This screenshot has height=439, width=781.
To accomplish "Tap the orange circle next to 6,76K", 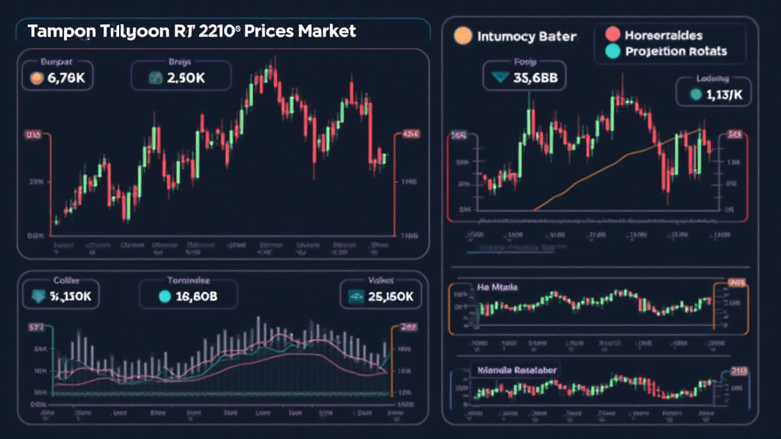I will [x=34, y=78].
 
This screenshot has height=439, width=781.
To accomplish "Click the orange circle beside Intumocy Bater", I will [x=461, y=36].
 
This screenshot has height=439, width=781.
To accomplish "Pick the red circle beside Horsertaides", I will [x=611, y=34].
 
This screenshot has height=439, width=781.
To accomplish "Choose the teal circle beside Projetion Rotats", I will [x=611, y=52].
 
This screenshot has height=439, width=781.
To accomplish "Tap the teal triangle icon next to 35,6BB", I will [x=501, y=78].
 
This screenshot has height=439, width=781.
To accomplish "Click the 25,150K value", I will [x=389, y=296].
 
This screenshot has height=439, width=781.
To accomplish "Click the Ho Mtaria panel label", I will [x=497, y=287].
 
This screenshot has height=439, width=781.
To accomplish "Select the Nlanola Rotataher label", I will [x=517, y=370].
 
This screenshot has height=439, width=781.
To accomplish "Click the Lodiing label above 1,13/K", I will [x=712, y=79].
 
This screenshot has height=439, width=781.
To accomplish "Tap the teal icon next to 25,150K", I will [x=355, y=296].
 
